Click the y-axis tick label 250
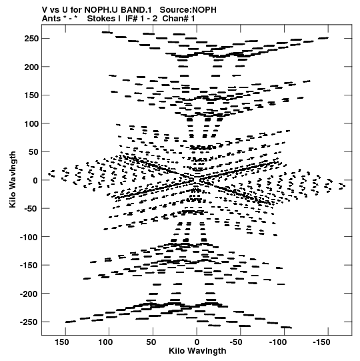click(31, 39)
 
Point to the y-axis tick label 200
click(31, 67)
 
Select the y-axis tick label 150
click(31, 95)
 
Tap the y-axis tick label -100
click(29, 237)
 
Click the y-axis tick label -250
click(29, 322)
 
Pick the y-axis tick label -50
click(31, 209)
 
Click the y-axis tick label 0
click(35, 180)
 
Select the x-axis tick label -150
click(321, 342)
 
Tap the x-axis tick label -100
click(278, 342)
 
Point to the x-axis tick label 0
click(197, 342)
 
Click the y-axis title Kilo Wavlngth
click(13, 179)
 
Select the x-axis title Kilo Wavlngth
click(197, 351)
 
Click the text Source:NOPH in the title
click(188, 10)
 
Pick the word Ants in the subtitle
click(51, 18)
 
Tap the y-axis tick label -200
click(29, 294)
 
